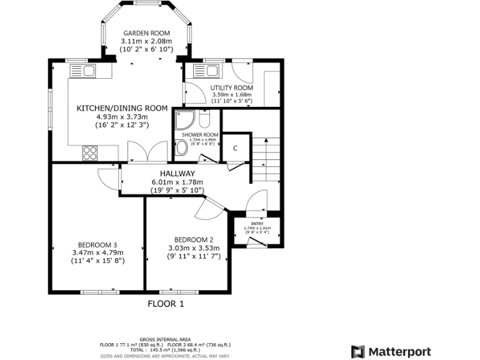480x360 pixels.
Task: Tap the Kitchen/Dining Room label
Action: (x=122, y=108)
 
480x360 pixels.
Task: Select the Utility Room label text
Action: (x=232, y=88)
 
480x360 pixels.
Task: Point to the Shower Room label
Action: (x=200, y=134)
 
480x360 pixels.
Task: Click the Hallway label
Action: (x=177, y=174)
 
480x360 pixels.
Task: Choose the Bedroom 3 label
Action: (x=97, y=244)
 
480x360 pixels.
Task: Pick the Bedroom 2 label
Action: (x=194, y=239)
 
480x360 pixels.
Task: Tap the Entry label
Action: (x=257, y=223)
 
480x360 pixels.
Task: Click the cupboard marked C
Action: (x=236, y=148)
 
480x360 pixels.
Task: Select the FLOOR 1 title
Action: (x=166, y=304)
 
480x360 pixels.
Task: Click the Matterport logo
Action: (x=391, y=351)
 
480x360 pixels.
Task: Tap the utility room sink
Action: (x=206, y=70)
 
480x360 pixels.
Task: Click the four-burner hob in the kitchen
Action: (x=89, y=152)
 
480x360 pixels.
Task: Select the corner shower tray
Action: (x=186, y=120)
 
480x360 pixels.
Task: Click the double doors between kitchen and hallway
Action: (x=147, y=152)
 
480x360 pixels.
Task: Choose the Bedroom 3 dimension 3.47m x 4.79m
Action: (x=97, y=252)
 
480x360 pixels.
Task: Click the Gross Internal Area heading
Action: (x=165, y=339)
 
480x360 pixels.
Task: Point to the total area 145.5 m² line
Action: (x=165, y=350)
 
